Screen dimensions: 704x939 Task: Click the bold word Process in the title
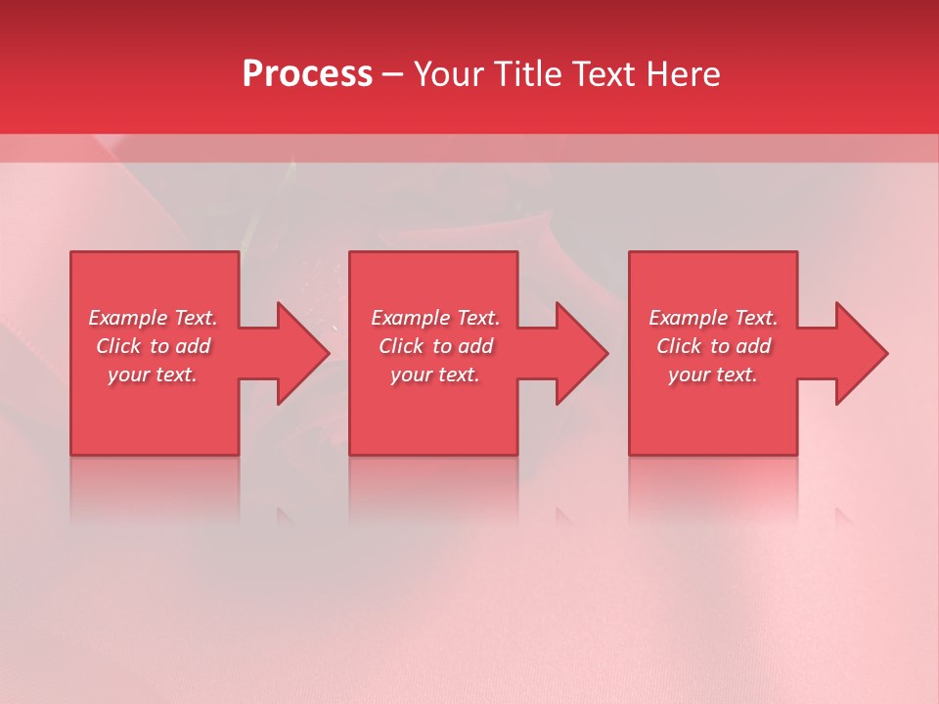click(307, 74)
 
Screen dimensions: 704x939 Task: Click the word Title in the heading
click(524, 74)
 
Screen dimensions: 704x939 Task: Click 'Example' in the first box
click(127, 318)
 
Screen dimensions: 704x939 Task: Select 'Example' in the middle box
click(410, 318)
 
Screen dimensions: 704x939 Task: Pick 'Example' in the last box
click(688, 318)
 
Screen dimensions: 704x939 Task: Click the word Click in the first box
click(118, 346)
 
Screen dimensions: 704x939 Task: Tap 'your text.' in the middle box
click(434, 374)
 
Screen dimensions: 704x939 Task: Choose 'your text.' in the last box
click(712, 374)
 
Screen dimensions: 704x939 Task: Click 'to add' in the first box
click(181, 346)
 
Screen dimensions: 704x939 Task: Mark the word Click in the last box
click(679, 346)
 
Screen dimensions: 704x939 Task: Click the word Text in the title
click(602, 74)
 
